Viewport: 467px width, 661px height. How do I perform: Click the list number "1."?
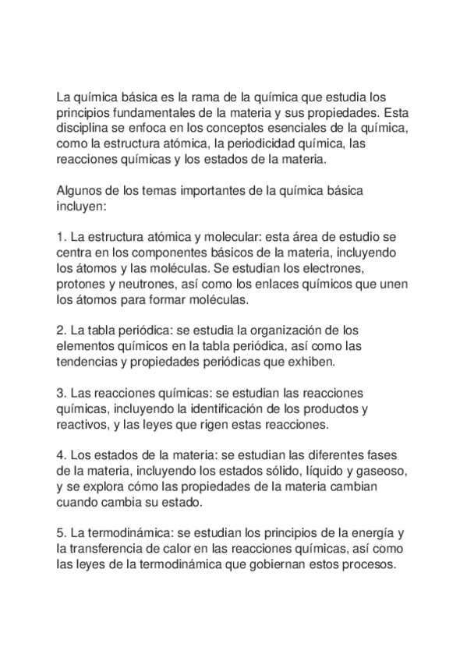pos(62,238)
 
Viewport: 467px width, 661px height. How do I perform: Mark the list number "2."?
pos(62,331)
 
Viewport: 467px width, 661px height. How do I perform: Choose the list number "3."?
pos(62,394)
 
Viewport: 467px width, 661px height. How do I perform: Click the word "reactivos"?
pos(84,425)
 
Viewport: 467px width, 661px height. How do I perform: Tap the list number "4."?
pos(62,456)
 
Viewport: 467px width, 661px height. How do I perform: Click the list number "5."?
pos(62,534)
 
